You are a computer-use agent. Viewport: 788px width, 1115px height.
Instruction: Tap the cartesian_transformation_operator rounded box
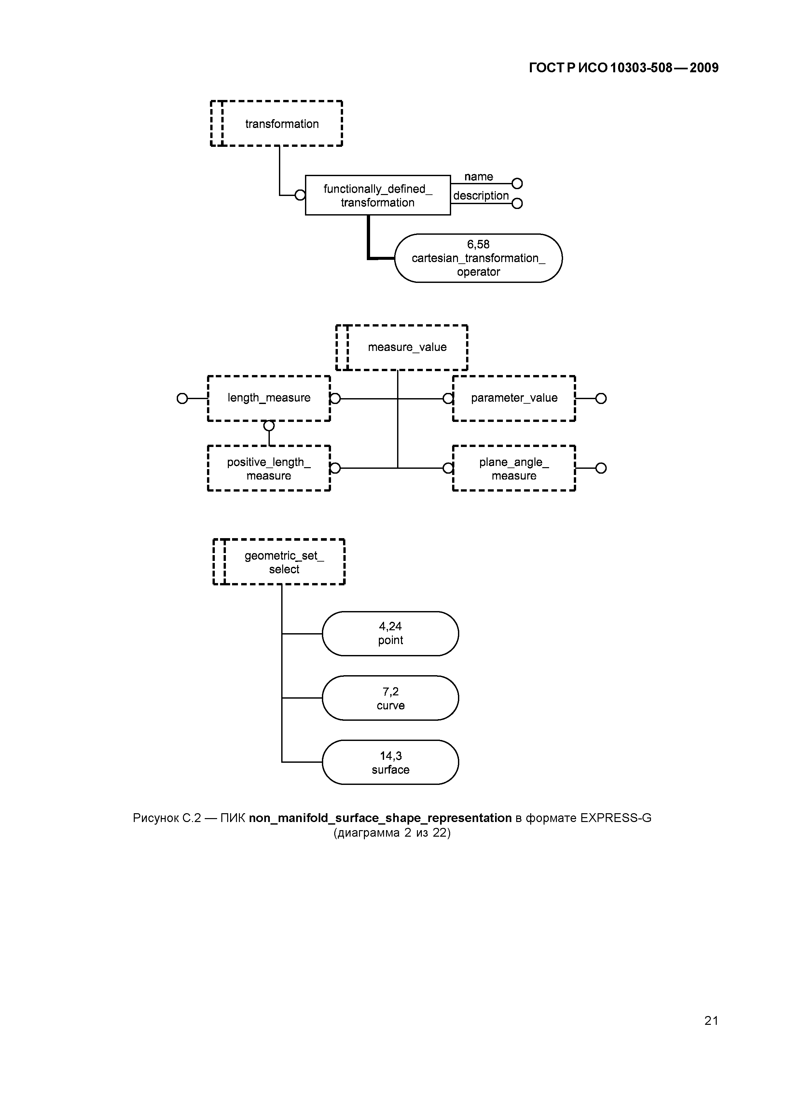tap(478, 258)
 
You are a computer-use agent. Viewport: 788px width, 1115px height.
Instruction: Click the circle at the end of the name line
tap(517, 184)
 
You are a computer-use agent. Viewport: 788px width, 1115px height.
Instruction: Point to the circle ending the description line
tap(517, 203)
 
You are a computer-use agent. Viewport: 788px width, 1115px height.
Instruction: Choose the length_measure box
tap(269, 398)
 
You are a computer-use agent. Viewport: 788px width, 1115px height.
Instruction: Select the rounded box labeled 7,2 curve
tap(390, 698)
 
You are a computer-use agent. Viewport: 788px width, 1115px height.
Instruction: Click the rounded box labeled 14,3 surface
tap(390, 762)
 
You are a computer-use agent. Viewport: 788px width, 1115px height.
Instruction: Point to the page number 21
tap(711, 1021)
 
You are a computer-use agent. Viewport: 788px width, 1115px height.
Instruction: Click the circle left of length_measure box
tap(182, 399)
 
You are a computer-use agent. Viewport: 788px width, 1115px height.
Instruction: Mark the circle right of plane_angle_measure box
tap(601, 468)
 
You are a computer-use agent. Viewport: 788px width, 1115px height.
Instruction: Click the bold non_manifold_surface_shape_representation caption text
tap(380, 818)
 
